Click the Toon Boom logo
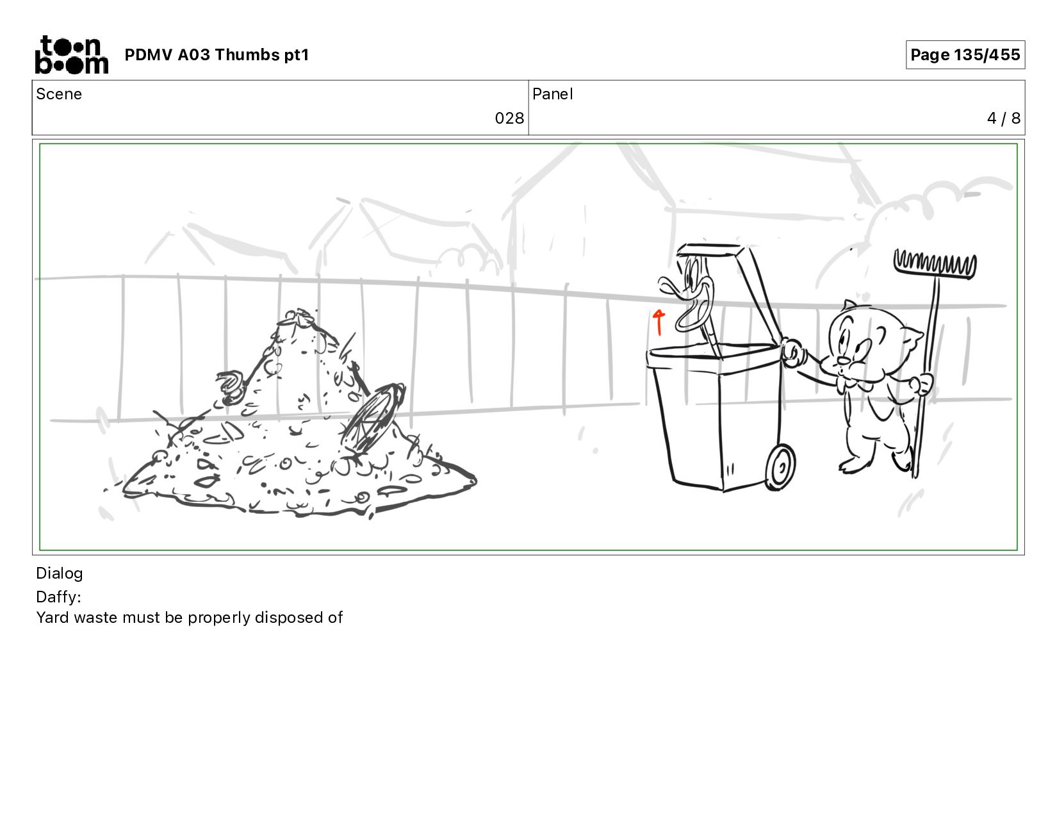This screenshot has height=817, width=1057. [x=72, y=54]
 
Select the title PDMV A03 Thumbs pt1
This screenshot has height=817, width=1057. [x=217, y=54]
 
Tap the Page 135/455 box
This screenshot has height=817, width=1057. [x=965, y=54]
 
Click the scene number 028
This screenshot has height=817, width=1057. [x=509, y=118]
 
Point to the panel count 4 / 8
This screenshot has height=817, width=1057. [x=1003, y=118]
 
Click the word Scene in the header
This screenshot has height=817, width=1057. [x=59, y=94]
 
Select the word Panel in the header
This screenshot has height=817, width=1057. [x=553, y=94]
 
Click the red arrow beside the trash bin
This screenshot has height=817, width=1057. [x=659, y=322]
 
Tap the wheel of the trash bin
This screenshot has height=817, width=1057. [x=780, y=466]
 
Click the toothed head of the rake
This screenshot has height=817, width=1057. [x=935, y=265]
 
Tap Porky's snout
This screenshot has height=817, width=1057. [x=844, y=361]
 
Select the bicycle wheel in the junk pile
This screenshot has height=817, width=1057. [x=372, y=418]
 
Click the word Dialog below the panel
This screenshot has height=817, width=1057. [x=60, y=574]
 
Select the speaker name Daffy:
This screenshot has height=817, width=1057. [x=58, y=597]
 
